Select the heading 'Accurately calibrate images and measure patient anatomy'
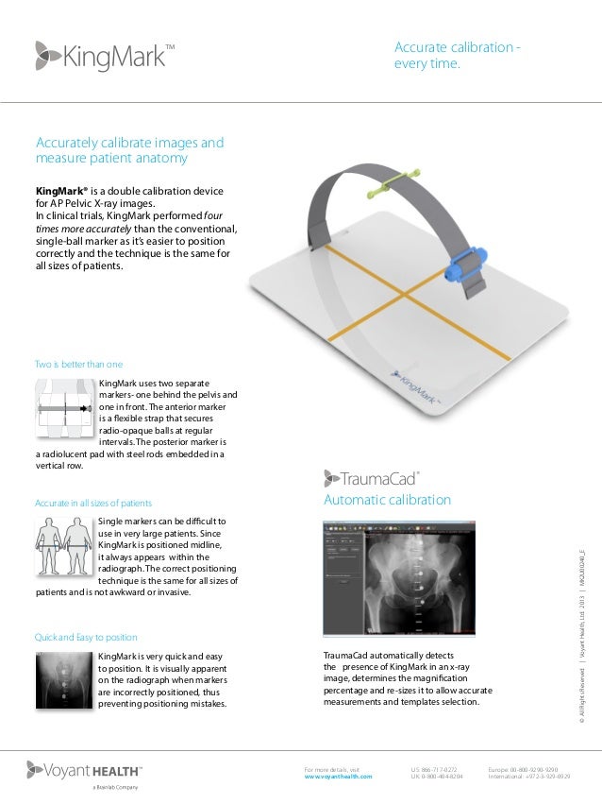click(129, 150)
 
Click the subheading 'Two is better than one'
click(79, 364)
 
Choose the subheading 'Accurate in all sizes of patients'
click(93, 502)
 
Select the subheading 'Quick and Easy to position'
click(86, 638)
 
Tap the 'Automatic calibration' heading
click(387, 499)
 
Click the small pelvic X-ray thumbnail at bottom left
click(65, 683)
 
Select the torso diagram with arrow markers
click(65, 409)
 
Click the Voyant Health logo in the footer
click(86, 771)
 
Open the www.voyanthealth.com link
click(338, 777)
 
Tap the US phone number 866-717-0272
click(434, 769)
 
